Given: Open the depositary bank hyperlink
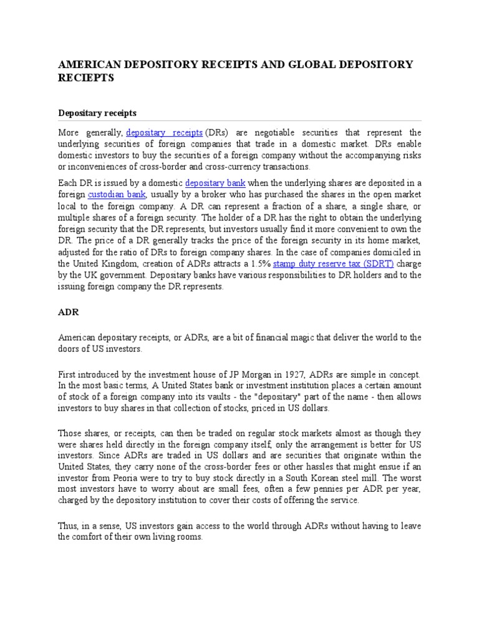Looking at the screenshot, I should pyautogui.click(x=215, y=183).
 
